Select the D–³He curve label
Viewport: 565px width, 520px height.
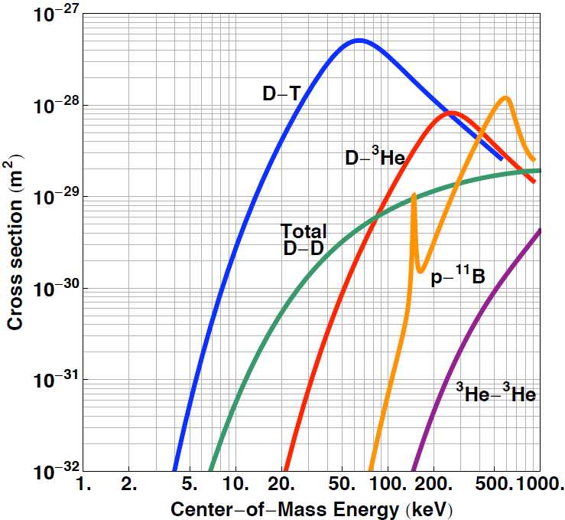(374, 158)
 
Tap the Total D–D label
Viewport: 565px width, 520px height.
(303, 239)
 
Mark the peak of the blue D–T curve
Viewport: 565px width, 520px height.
(358, 40)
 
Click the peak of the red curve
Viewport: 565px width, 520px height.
(450, 113)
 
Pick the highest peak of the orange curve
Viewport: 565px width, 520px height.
(505, 97)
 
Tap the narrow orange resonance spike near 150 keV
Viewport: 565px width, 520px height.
(414, 195)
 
